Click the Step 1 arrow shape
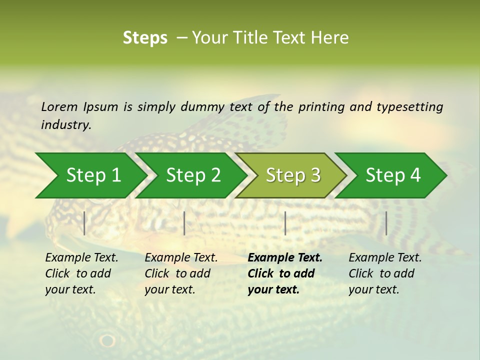pyautogui.click(x=93, y=175)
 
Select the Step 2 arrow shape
pyautogui.click(x=193, y=175)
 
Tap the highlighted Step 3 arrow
pyautogui.click(x=293, y=175)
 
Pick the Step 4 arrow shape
pyautogui.click(x=393, y=175)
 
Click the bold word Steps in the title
pyautogui.click(x=145, y=38)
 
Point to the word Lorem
pyautogui.click(x=59, y=107)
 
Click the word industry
pyautogui.click(x=66, y=125)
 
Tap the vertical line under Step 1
pyautogui.click(x=84, y=223)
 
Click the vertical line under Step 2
pyautogui.click(x=184, y=223)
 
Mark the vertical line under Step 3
pyautogui.click(x=285, y=223)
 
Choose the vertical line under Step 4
pyautogui.click(x=386, y=223)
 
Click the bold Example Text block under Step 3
pyautogui.click(x=285, y=273)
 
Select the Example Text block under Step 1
pyautogui.click(x=81, y=273)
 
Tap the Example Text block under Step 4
pyautogui.click(x=385, y=273)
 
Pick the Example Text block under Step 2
pyautogui.click(x=181, y=273)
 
